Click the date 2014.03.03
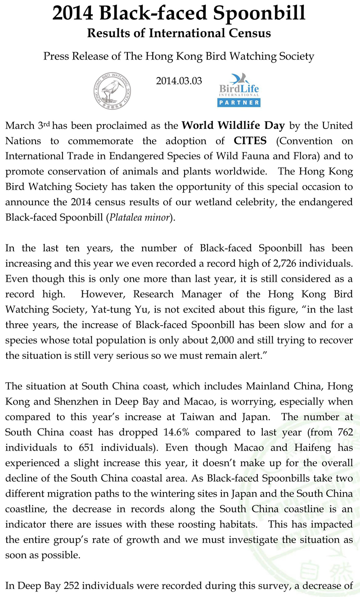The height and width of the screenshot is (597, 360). point(179,81)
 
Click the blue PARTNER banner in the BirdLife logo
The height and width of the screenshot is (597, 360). point(239,103)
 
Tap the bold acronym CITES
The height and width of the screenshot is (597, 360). point(250,141)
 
